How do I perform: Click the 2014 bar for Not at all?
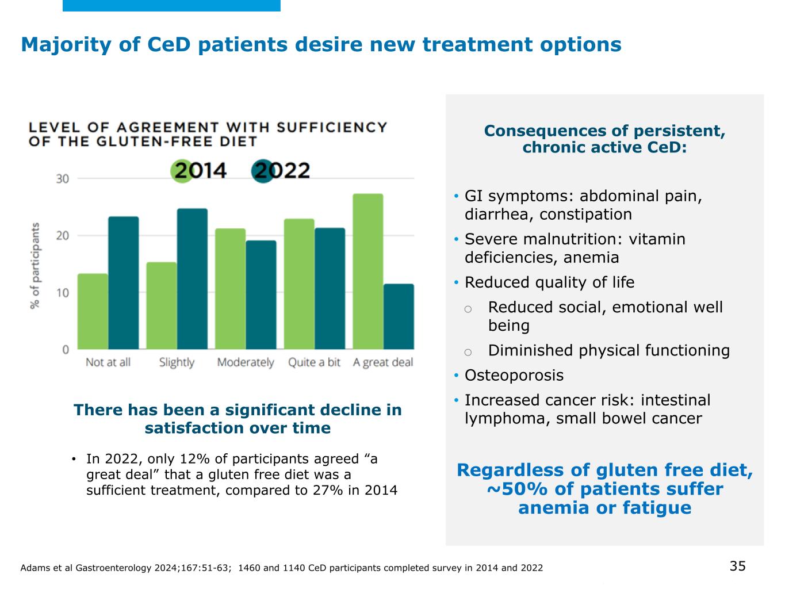[x=93, y=311]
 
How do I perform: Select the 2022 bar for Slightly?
[x=192, y=279]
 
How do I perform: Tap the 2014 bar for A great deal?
[x=368, y=271]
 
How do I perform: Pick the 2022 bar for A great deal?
[x=399, y=316]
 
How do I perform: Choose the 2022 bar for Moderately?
[x=261, y=294]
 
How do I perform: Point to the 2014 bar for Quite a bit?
[x=299, y=284]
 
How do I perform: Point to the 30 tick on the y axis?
[x=62, y=178]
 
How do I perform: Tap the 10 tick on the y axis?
[x=62, y=292]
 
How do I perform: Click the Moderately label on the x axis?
[x=246, y=362]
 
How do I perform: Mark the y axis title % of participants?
[x=36, y=265]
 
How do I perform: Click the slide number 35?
[x=737, y=566]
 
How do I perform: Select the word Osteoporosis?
[x=514, y=376]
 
